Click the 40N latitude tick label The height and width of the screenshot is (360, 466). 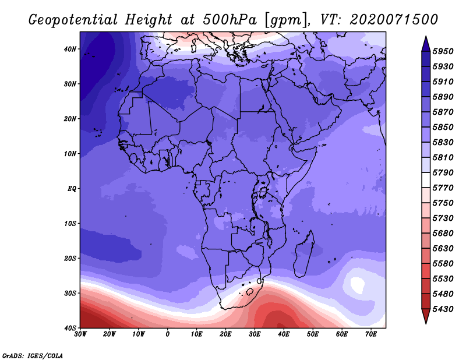coord(70,49)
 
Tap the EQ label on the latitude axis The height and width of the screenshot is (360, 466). coord(72,189)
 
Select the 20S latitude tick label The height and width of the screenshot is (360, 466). coord(70,258)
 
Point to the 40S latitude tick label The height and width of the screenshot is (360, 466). coord(70,328)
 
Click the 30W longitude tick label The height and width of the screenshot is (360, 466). coord(80,334)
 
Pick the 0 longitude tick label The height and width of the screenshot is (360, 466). coord(168,334)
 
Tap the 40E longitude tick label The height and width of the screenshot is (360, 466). coord(284,334)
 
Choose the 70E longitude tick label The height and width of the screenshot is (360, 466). coord(371,334)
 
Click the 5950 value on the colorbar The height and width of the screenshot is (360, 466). coord(443,51)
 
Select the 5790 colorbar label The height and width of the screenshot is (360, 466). coord(443,172)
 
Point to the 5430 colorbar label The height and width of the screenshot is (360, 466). coord(443,309)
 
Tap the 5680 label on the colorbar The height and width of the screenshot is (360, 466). coord(443,234)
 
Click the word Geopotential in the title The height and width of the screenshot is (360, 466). coord(73,20)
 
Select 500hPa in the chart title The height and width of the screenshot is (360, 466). coord(230,20)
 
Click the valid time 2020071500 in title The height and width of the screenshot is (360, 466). coord(394,20)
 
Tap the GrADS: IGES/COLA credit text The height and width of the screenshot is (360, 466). coord(33,356)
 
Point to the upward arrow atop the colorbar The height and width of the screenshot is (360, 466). coord(426,44)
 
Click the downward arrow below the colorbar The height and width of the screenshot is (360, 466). coord(426,316)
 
